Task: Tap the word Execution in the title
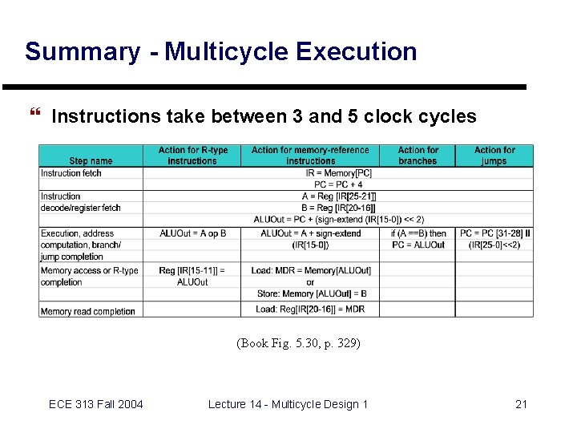coord(356,51)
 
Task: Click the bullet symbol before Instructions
coord(34,116)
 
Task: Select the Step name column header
coord(91,161)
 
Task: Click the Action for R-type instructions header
coord(192,156)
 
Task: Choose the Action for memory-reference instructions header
coord(310,156)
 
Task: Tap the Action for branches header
coord(418,156)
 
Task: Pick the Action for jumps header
coord(494,156)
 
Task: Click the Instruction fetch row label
coord(71,173)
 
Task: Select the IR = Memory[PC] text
coord(339,173)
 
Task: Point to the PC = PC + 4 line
coord(338,184)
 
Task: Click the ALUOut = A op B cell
coord(192,233)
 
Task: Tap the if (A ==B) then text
coord(418,233)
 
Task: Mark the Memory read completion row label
coord(87,311)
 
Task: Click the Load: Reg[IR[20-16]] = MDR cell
coord(310,310)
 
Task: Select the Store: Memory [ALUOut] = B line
coord(310,293)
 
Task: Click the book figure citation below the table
coord(298,343)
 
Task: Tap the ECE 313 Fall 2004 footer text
coord(95,404)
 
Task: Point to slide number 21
coord(521,404)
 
